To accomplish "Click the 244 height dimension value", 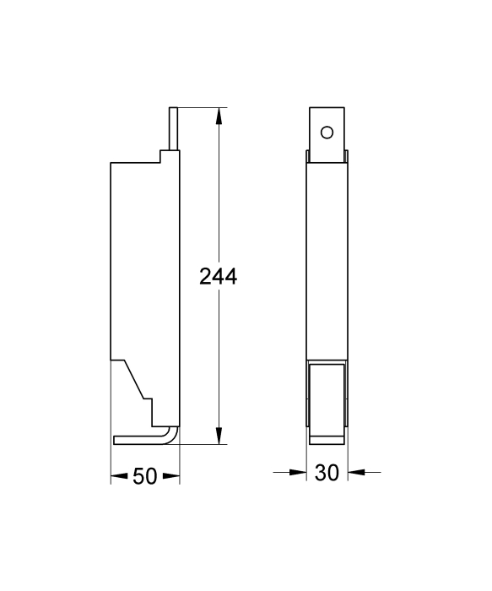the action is click(218, 276).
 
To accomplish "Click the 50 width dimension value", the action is click(145, 476).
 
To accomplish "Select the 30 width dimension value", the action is click(327, 472).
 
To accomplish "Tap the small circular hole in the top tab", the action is click(327, 133).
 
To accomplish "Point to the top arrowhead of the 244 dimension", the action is click(219, 116).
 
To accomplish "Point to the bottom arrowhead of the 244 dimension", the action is click(219, 436).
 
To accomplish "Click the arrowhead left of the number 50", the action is click(119, 476).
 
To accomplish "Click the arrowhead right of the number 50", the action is click(171, 476).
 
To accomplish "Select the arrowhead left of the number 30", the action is click(298, 472).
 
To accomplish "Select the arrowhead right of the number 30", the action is click(356, 471).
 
